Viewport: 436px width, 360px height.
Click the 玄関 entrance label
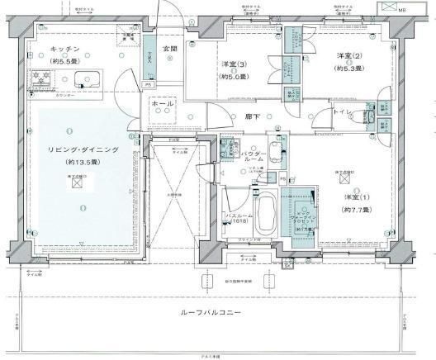pos(169,49)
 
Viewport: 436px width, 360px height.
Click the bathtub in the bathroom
pos(267,214)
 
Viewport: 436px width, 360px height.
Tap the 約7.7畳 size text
pos(355,211)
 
